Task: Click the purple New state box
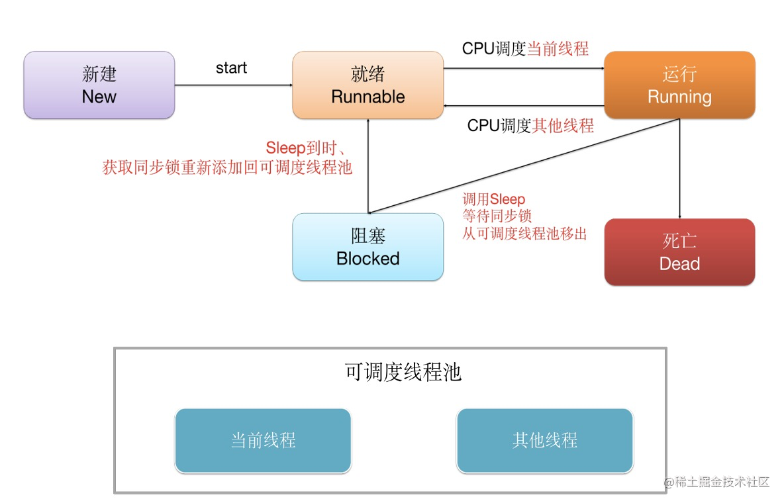pyautogui.click(x=99, y=85)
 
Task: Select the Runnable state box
pyautogui.click(x=368, y=85)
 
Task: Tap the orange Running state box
pyautogui.click(x=679, y=85)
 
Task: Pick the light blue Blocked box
pyautogui.click(x=368, y=247)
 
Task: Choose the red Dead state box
pyautogui.click(x=679, y=252)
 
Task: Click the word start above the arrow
pyautogui.click(x=232, y=68)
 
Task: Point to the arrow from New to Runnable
pyautogui.click(x=233, y=85)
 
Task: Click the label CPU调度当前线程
pyautogui.click(x=525, y=48)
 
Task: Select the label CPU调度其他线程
pyautogui.click(x=530, y=126)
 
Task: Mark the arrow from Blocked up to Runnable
pyautogui.click(x=368, y=165)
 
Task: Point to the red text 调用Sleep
pyautogui.click(x=494, y=199)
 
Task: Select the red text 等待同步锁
pyautogui.click(x=497, y=216)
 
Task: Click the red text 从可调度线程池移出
pyautogui.click(x=524, y=234)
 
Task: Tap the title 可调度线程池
pyautogui.click(x=403, y=373)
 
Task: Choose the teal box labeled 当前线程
pyautogui.click(x=263, y=441)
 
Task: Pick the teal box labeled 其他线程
pyautogui.click(x=544, y=441)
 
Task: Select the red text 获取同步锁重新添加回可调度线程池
pyautogui.click(x=227, y=167)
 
